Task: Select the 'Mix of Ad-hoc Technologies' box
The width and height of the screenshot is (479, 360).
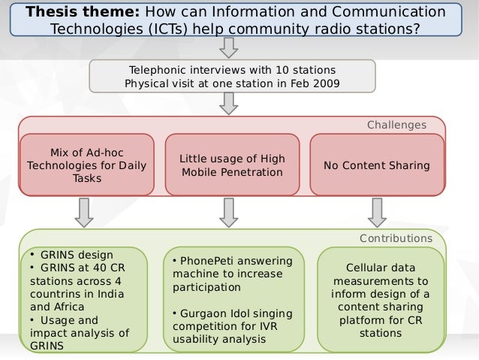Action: pos(87,165)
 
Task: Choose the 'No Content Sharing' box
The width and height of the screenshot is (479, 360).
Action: pos(376,165)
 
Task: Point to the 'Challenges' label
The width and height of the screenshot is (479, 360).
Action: pos(396,125)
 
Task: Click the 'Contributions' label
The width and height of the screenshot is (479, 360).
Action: pos(396,238)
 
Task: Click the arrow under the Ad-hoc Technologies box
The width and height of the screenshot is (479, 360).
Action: pos(85,212)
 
